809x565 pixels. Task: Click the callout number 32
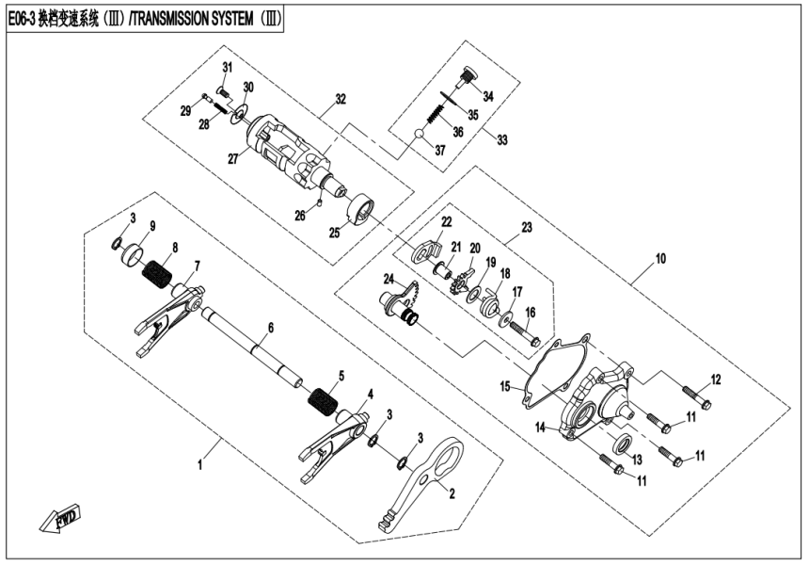point(341,99)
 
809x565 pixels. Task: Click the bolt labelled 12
point(694,400)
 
